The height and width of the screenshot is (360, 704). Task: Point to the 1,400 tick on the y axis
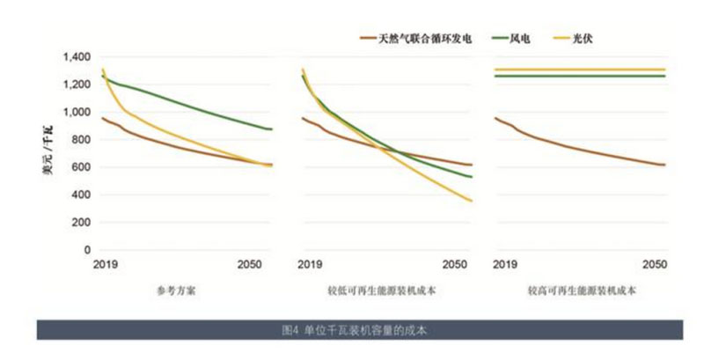coord(77,57)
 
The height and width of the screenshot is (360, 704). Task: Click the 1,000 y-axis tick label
coord(77,113)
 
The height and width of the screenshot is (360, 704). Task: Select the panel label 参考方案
coord(181,290)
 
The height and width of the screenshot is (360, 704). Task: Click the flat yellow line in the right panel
coord(581,70)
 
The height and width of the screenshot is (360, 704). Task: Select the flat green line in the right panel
coord(581,77)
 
